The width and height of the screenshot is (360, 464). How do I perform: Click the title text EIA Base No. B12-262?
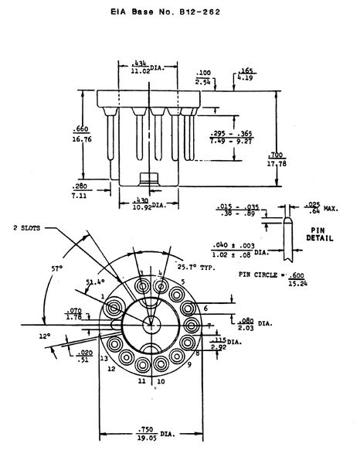tap(178, 13)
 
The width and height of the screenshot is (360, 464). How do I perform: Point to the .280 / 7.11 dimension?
tap(81, 192)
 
